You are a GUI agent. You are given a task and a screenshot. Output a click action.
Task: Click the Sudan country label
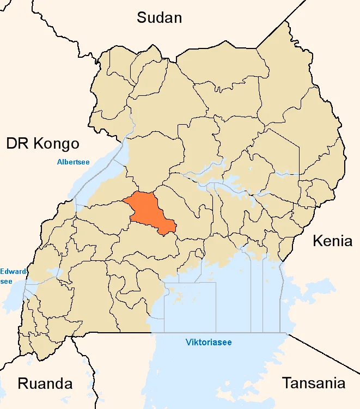tap(159, 18)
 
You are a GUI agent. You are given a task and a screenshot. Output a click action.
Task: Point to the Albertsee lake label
tap(74, 162)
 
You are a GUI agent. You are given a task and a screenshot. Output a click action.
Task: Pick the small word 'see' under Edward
tap(6, 281)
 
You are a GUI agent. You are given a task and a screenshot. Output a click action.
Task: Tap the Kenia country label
tap(332, 241)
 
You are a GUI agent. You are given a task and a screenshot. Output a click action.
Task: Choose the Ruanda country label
tap(45, 383)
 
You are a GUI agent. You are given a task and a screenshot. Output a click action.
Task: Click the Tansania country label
tap(313, 383)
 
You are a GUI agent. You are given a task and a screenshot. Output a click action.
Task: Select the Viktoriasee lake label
tap(209, 343)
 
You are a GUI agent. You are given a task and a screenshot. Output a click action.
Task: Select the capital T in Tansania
tap(286, 383)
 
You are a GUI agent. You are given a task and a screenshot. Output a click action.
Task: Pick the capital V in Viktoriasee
tap(188, 343)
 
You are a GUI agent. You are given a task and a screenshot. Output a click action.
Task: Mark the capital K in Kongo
tap(36, 144)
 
